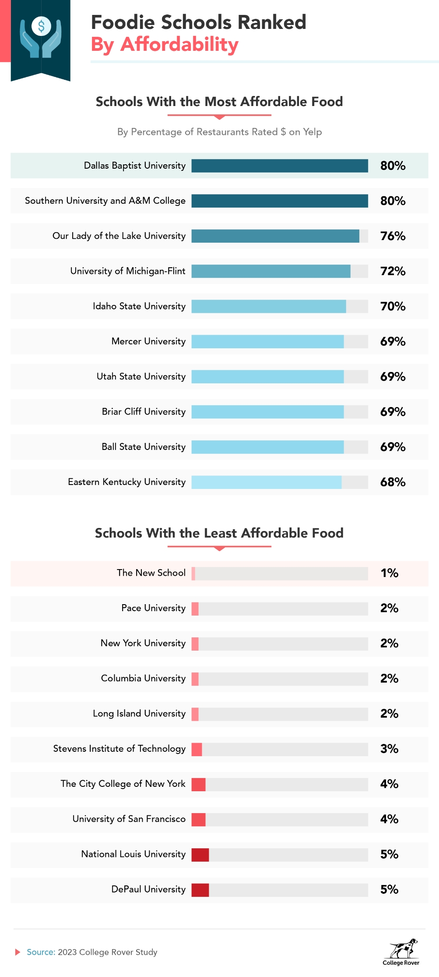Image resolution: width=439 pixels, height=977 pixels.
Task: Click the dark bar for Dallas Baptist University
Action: (279, 166)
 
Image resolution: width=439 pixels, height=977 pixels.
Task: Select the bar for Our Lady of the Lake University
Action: (275, 236)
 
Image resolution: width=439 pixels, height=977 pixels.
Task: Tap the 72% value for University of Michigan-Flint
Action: (393, 271)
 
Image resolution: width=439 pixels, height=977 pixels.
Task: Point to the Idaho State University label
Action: (139, 306)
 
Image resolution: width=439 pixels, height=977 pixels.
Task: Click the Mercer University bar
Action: (267, 341)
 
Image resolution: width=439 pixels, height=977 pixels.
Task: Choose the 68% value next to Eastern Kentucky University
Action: (393, 482)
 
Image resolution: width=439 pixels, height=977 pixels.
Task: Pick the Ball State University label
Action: (143, 447)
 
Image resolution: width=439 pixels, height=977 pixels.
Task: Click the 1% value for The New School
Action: (389, 573)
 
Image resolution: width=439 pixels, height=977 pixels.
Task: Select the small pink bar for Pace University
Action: (195, 609)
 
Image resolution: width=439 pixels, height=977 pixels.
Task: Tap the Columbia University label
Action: (143, 678)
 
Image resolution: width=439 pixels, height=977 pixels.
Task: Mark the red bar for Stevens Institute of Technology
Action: (197, 749)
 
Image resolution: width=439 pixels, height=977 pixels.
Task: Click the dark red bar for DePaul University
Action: (200, 890)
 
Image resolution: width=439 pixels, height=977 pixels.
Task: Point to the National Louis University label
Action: (133, 854)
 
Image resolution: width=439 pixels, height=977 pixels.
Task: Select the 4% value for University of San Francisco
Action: (389, 819)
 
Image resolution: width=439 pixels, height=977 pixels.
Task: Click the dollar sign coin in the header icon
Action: (41, 27)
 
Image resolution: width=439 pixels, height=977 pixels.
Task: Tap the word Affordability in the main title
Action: (179, 45)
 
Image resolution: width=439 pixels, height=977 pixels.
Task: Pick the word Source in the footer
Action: (40, 952)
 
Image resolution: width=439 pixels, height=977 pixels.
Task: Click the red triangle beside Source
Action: (18, 952)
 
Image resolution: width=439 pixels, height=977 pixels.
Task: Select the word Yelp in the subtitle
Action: (312, 132)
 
